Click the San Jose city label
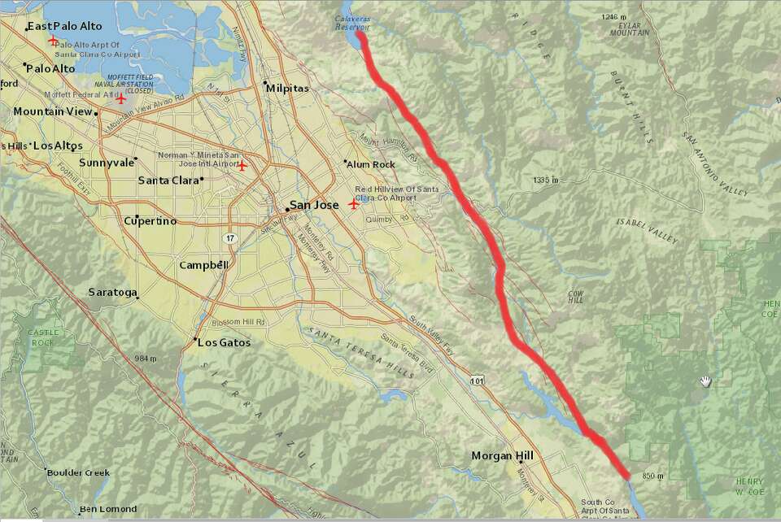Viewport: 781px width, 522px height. (314, 205)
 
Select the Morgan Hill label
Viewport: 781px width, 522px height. (502, 456)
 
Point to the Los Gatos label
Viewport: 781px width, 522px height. (225, 342)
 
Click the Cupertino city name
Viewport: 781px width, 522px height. (150, 221)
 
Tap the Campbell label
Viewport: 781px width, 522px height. (203, 265)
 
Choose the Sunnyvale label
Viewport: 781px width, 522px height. (107, 163)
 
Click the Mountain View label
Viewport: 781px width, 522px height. (53, 111)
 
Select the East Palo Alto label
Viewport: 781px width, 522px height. (65, 27)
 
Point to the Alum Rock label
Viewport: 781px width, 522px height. (370, 164)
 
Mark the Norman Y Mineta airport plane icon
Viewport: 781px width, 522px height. (242, 166)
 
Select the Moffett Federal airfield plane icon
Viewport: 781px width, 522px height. (120, 99)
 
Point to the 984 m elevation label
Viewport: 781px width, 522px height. (146, 359)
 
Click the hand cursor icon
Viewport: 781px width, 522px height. (705, 381)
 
